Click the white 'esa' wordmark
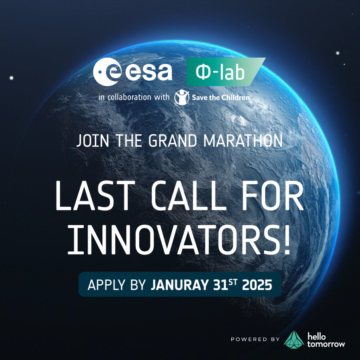click(x=149, y=71)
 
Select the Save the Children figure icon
click(x=182, y=97)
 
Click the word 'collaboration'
click(x=129, y=97)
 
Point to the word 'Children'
click(x=235, y=98)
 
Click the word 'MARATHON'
click(x=243, y=141)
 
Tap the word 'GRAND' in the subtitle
click(x=173, y=141)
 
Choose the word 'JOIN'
click(x=92, y=141)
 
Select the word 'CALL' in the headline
click(x=189, y=195)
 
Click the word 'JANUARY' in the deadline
click(x=180, y=285)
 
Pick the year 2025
click(x=257, y=285)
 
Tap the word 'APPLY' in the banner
click(x=107, y=285)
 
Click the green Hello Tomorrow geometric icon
click(x=294, y=340)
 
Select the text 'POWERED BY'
click(x=255, y=339)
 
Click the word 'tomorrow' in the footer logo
click(x=326, y=344)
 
